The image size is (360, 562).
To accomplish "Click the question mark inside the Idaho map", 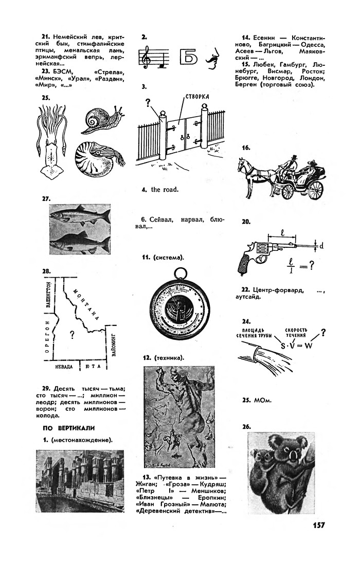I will point(72,335).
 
